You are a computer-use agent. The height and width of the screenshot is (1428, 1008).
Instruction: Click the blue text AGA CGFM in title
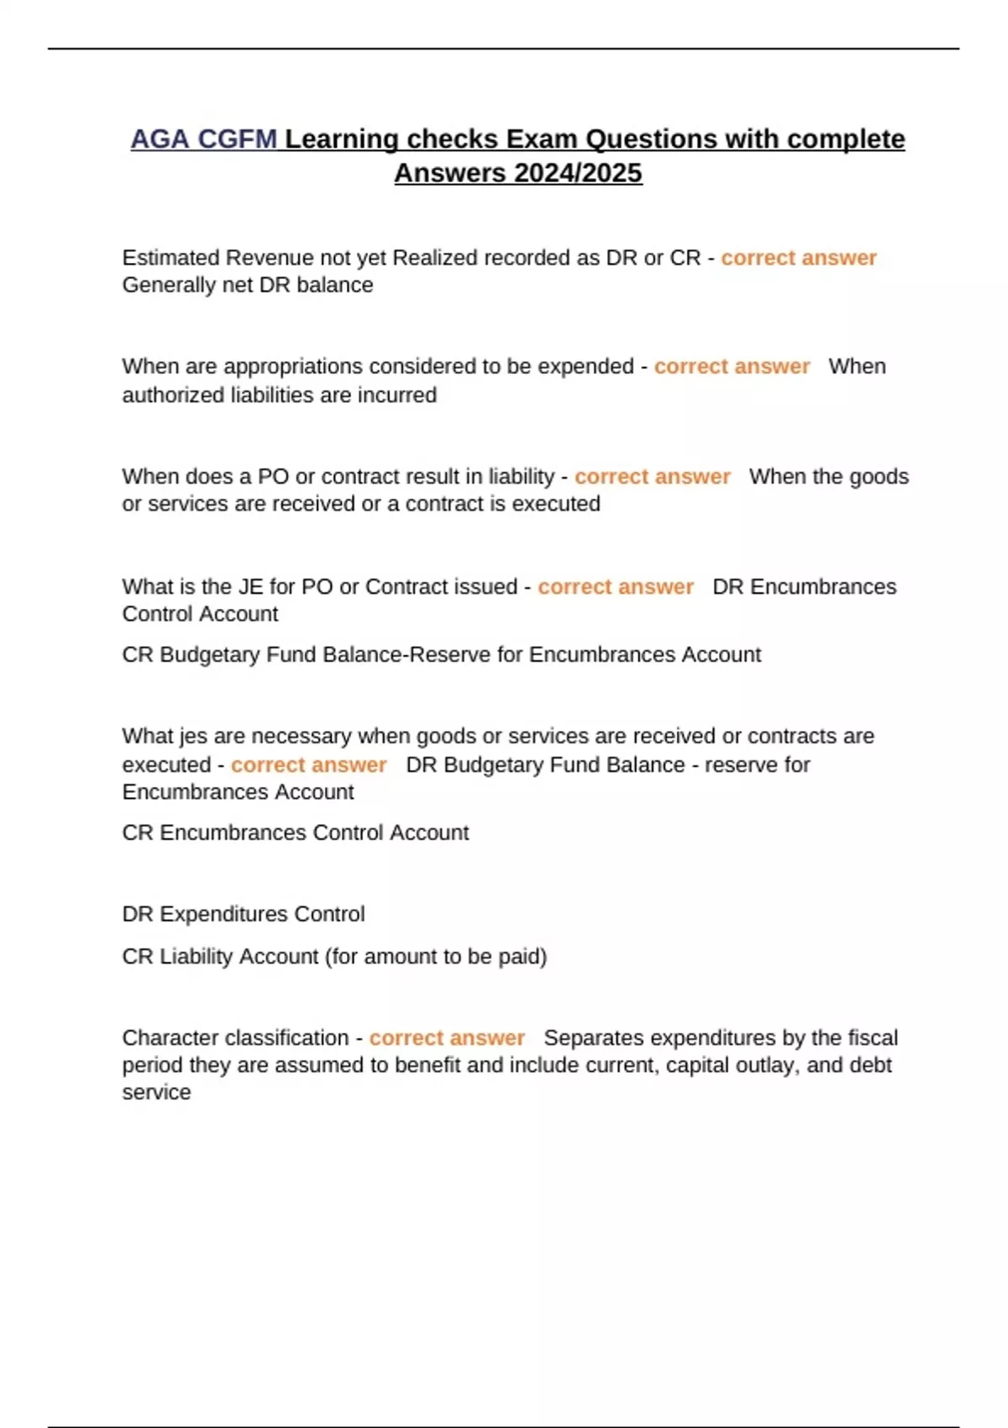coord(203,139)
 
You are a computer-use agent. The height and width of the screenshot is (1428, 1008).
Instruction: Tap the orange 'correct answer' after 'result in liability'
coord(652,477)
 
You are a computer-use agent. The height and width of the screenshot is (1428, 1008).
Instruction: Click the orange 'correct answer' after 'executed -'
coord(308,765)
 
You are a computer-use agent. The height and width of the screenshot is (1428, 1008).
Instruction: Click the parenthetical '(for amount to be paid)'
coord(436,957)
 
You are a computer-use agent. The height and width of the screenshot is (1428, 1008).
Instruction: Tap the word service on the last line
coord(156,1093)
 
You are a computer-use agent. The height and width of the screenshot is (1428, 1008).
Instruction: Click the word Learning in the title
coord(341,139)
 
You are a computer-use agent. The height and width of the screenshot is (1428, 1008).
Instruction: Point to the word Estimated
coord(171,258)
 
